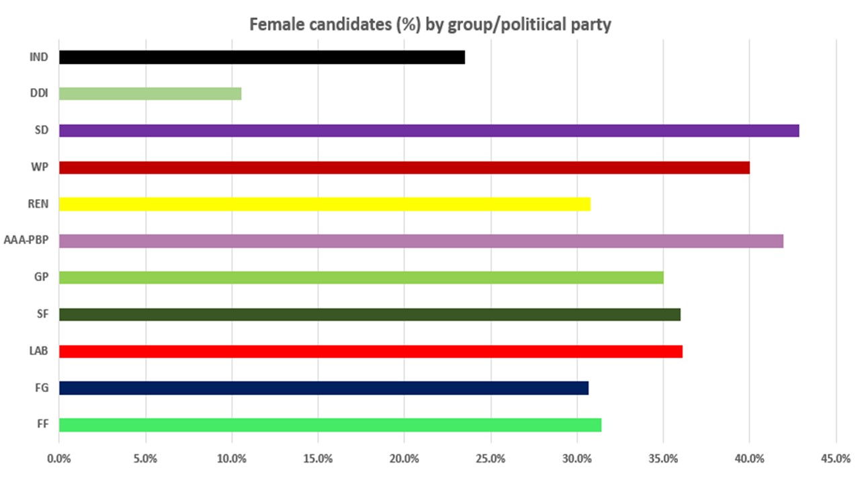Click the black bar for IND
point(262,57)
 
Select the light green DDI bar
point(150,93)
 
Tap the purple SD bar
point(429,130)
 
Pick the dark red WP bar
point(404,167)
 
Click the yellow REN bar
point(325,204)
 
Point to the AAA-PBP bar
point(421,241)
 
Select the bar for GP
point(361,277)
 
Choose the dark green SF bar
point(370,314)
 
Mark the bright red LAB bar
point(370,351)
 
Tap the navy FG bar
point(323,387)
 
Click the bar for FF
point(330,424)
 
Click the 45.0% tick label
point(836,459)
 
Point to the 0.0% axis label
point(59,459)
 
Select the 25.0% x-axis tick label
point(490,459)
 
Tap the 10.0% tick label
point(232,459)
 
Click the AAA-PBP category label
point(26,241)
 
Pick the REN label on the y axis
point(38,204)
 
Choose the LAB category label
point(38,351)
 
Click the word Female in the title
point(273,25)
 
